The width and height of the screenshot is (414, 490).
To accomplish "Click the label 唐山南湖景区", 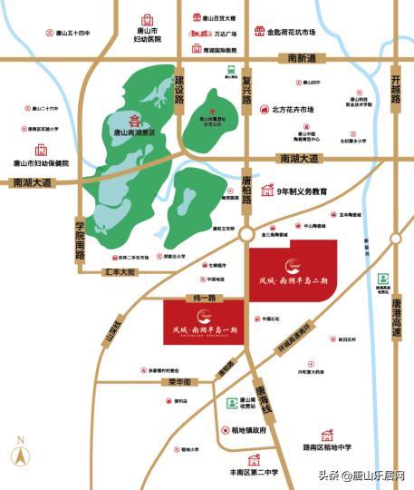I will coord(134,132).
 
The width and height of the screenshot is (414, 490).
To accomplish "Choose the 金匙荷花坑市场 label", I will coord(291,33).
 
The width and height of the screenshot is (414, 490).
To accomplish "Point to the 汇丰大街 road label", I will coord(120,271).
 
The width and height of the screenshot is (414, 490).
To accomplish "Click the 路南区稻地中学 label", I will coord(328,447).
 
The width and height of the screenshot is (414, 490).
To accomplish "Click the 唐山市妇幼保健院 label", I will coord(46,162).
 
